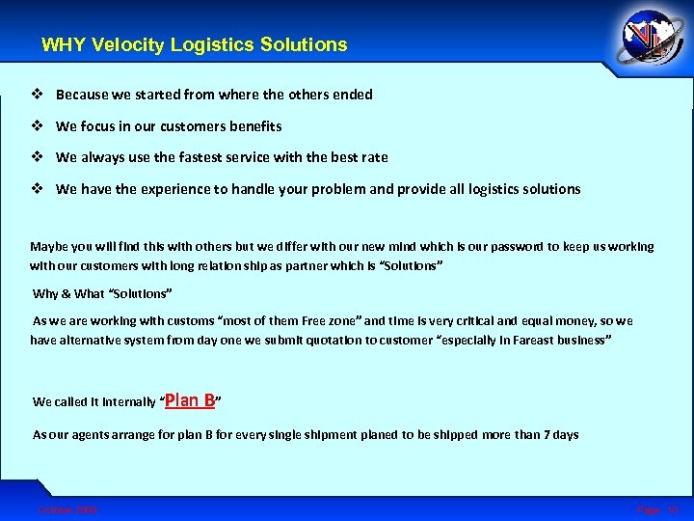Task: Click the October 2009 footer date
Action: [67, 508]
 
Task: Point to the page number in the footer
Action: [658, 508]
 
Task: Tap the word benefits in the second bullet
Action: [253, 126]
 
